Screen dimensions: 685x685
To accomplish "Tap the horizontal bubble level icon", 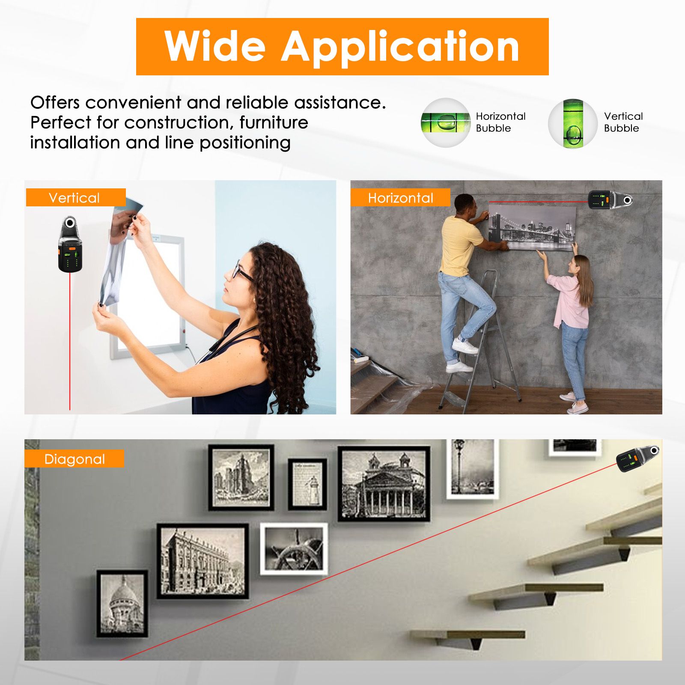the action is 445,123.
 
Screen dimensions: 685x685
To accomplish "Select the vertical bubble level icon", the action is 573,124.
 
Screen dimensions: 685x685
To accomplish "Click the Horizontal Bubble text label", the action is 500,122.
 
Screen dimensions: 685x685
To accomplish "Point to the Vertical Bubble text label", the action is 623,122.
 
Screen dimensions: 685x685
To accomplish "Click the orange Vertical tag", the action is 76,197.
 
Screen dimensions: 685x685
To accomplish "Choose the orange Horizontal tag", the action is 400,197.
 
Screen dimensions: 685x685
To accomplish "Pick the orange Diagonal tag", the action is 74,459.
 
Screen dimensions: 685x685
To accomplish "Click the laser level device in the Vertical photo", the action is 70,244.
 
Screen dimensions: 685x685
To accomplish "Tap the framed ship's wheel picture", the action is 294,548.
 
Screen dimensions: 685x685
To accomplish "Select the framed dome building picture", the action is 122,603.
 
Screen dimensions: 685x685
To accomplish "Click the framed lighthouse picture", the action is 307,484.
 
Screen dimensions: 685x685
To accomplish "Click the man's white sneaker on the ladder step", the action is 465,345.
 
